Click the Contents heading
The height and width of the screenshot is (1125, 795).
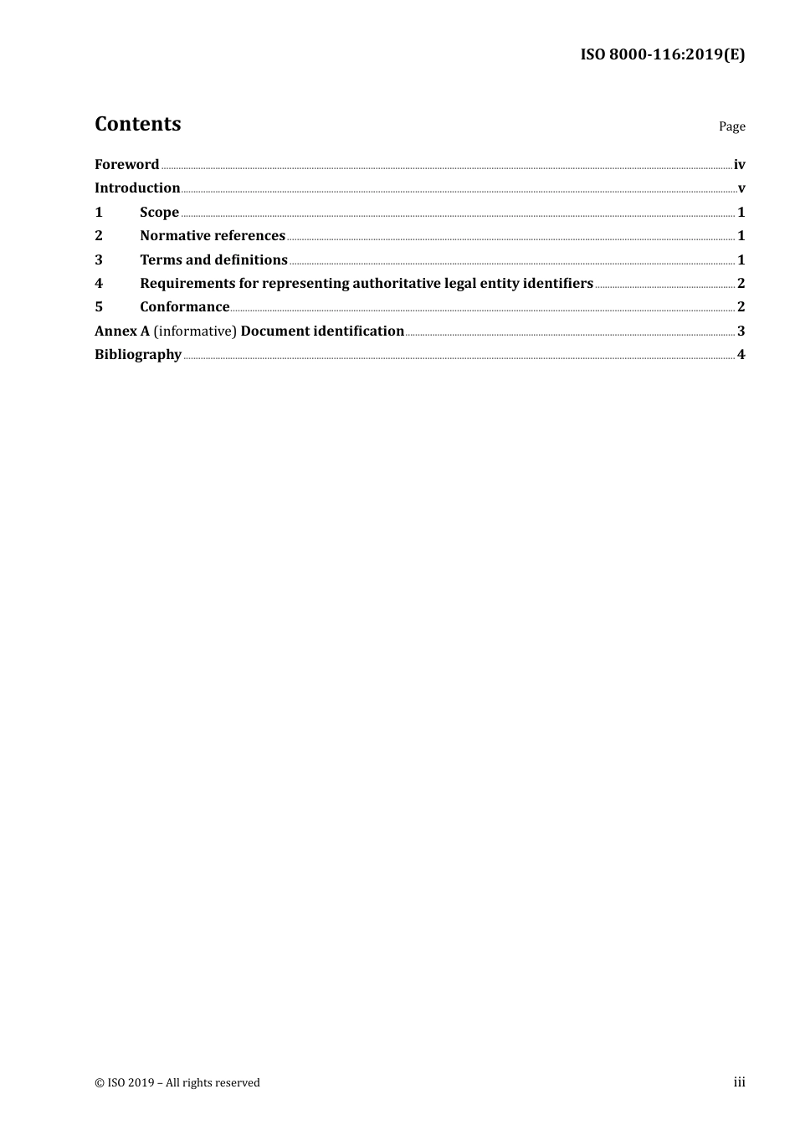click(137, 124)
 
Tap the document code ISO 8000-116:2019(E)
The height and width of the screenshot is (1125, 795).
click(662, 54)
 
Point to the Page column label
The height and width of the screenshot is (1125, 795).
click(731, 126)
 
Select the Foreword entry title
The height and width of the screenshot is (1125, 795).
click(126, 164)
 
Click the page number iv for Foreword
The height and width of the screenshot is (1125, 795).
click(739, 165)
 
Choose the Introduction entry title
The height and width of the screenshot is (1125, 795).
click(137, 187)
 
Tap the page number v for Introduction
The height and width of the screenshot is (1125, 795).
click(741, 188)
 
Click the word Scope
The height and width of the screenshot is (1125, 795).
click(159, 212)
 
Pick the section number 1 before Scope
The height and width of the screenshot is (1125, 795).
click(99, 212)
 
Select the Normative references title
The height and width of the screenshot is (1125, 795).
click(213, 235)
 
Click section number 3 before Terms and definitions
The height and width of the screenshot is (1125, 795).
click(99, 259)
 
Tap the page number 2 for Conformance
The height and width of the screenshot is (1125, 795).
click(741, 306)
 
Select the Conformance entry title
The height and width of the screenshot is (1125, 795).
click(184, 306)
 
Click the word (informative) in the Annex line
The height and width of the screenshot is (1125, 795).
click(195, 331)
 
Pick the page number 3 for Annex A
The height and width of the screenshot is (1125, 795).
click(741, 331)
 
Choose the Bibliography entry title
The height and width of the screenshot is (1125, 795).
click(138, 354)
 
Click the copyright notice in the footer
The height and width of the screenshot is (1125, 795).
click(177, 1082)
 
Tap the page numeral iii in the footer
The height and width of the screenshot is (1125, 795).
click(739, 1081)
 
